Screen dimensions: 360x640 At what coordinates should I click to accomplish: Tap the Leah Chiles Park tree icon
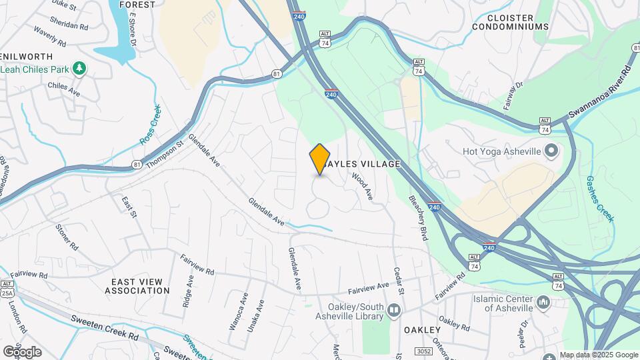point(79,67)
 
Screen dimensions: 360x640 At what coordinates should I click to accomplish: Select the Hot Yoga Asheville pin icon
point(551,151)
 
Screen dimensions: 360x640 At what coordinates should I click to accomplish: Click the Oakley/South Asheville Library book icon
point(394,309)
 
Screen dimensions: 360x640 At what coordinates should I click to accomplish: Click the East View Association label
point(137,286)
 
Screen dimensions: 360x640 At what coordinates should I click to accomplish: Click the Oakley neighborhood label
point(422,330)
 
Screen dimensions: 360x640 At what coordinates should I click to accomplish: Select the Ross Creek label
point(150,124)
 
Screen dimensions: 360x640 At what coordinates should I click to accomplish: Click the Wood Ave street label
point(361,186)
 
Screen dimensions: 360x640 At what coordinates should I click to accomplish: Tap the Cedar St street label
point(399,282)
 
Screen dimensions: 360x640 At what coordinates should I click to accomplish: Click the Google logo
point(22,351)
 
